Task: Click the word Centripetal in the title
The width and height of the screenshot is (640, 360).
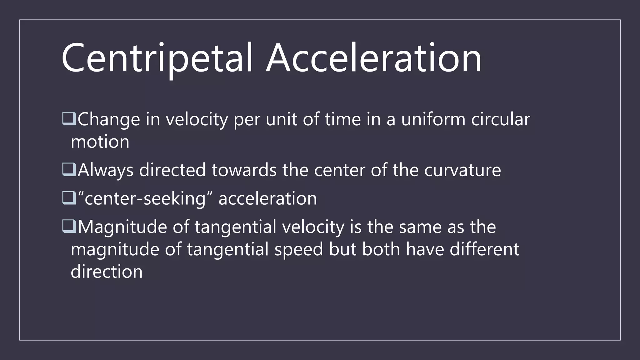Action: [x=157, y=58]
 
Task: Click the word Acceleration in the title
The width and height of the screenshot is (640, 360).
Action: [x=374, y=58]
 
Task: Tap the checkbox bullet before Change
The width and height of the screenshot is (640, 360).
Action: [x=69, y=119]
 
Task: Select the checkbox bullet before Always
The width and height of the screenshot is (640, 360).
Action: [x=69, y=170]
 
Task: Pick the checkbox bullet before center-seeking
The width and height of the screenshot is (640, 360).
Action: [x=69, y=198]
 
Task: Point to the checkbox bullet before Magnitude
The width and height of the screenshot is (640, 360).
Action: [x=69, y=227]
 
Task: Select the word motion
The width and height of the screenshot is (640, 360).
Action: [x=100, y=142]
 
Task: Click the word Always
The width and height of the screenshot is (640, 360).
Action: [x=106, y=171]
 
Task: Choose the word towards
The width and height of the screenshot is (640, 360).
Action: [x=244, y=171]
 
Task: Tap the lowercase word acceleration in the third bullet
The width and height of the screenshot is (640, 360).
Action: [x=267, y=199]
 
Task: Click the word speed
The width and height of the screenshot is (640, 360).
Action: [x=298, y=250]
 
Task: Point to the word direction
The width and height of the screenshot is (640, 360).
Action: [x=107, y=272]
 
